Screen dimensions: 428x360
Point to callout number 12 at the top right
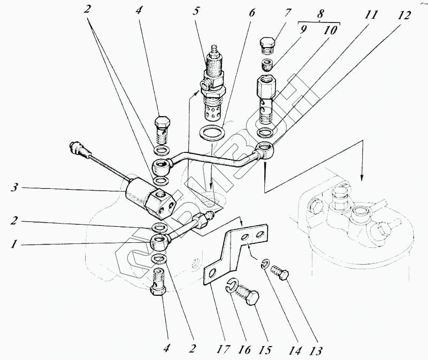click(405, 16)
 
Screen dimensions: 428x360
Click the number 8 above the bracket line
click(320, 13)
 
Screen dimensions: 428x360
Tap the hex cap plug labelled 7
click(268, 44)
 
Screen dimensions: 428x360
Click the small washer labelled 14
click(265, 263)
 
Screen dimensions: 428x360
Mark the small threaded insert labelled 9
click(267, 66)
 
